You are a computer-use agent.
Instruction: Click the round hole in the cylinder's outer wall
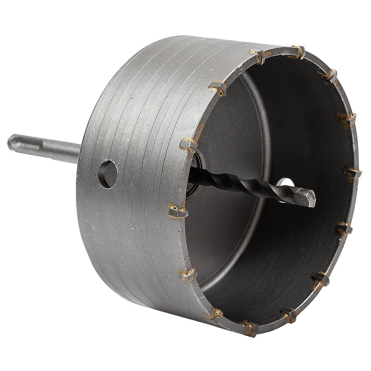107,173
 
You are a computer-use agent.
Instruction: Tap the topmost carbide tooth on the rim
297,52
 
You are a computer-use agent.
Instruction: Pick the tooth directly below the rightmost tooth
345,228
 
